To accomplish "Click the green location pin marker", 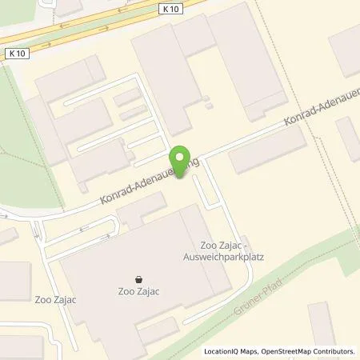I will click(x=182, y=161).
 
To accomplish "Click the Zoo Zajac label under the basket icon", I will click(x=141, y=293).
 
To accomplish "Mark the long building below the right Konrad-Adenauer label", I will click(x=267, y=150).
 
